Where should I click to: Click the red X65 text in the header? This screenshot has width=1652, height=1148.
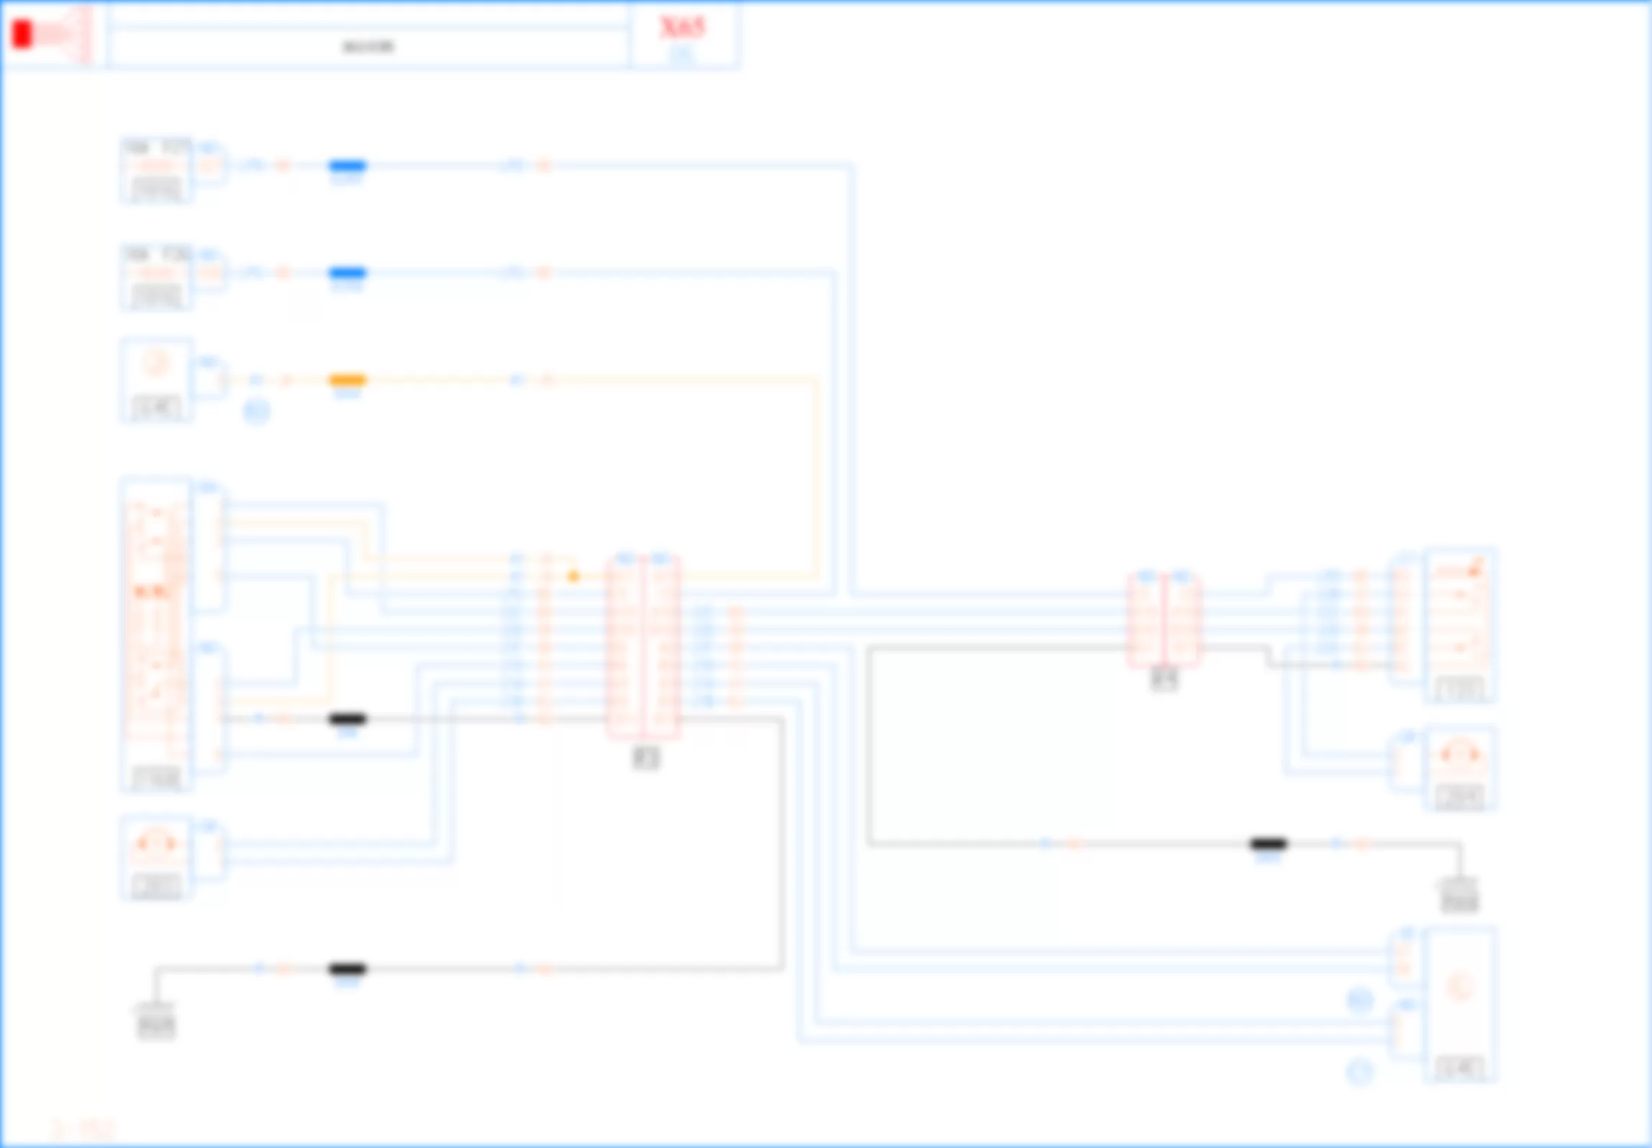coord(682,27)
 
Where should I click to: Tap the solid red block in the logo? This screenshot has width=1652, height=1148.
coord(22,35)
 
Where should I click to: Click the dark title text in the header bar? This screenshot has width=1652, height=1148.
coord(368,48)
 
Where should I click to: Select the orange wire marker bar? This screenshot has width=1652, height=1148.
coord(348,380)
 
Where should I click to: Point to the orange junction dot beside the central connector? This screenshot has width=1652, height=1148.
coord(573,577)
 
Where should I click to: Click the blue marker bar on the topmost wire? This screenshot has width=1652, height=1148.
coord(348,166)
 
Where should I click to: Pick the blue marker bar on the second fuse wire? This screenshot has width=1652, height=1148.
coord(348,273)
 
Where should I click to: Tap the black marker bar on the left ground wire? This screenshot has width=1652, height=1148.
coord(348,969)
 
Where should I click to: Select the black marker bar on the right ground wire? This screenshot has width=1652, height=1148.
coord(1268,844)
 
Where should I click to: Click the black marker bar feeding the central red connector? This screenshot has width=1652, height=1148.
coord(348,718)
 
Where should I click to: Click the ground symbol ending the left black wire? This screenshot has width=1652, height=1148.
coord(155,1022)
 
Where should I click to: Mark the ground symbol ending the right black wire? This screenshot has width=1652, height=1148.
coord(1459,897)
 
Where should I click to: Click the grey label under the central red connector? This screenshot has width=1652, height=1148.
coord(646,758)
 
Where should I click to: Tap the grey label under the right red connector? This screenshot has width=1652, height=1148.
coord(1164,679)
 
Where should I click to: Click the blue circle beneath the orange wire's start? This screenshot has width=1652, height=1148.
coord(256,412)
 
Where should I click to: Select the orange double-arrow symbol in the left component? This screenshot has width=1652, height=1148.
coord(155,843)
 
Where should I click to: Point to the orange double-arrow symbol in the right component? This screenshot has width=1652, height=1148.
coord(1459,754)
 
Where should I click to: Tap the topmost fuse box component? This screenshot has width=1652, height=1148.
coord(156,171)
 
